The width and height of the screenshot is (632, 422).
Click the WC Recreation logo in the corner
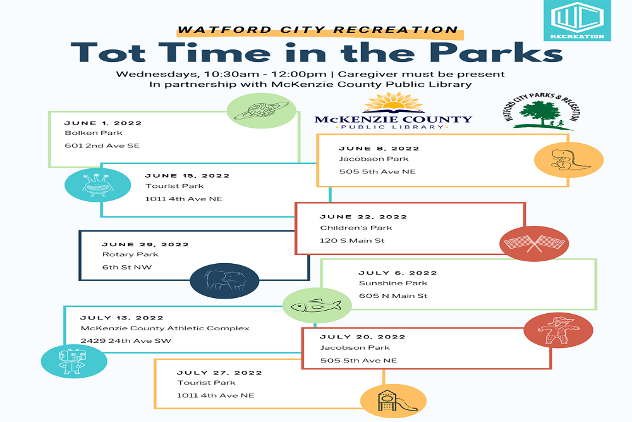[x=577, y=20]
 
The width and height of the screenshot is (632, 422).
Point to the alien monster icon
[x=95, y=184]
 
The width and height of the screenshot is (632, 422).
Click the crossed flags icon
[x=534, y=244]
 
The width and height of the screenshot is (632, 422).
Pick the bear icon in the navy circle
[x=225, y=280]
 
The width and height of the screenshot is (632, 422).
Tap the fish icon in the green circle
[x=316, y=306]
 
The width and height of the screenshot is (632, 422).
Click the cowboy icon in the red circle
[x=558, y=330]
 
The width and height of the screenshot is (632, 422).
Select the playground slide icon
[x=392, y=401]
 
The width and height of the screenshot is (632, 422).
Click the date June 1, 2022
[x=103, y=123]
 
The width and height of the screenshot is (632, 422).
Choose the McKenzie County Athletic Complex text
[x=165, y=328]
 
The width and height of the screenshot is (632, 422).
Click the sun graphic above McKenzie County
[x=394, y=102]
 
